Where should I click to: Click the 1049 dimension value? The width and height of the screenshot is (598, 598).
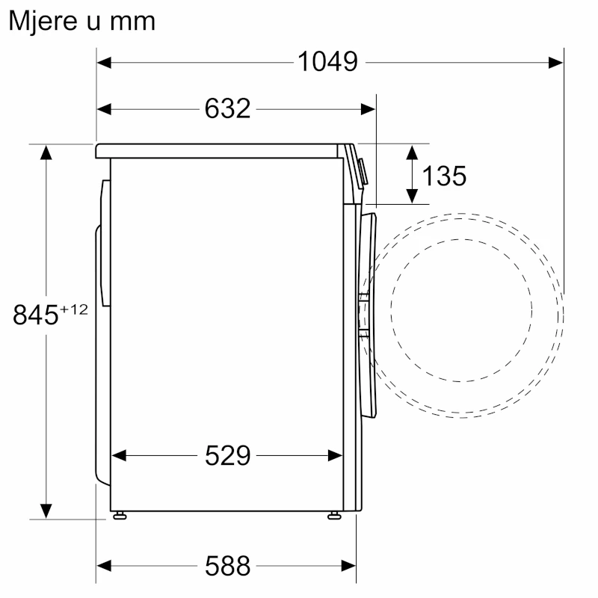pyautogui.click(x=327, y=62)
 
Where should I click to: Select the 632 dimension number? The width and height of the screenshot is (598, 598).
pyautogui.click(x=227, y=108)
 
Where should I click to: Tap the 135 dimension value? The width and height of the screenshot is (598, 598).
pyautogui.click(x=444, y=176)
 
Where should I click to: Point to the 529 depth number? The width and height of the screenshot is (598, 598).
pyautogui.click(x=227, y=455)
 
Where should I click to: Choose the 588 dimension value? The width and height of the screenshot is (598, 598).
pyautogui.click(x=227, y=566)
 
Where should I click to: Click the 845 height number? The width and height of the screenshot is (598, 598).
pyautogui.click(x=35, y=315)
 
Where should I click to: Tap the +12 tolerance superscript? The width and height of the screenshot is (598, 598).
pyautogui.click(x=73, y=309)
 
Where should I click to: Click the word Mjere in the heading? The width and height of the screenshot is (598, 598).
pyautogui.click(x=43, y=22)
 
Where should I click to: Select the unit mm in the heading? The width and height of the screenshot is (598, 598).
pyautogui.click(x=132, y=22)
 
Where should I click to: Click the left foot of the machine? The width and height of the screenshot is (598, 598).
pyautogui.click(x=120, y=516)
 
